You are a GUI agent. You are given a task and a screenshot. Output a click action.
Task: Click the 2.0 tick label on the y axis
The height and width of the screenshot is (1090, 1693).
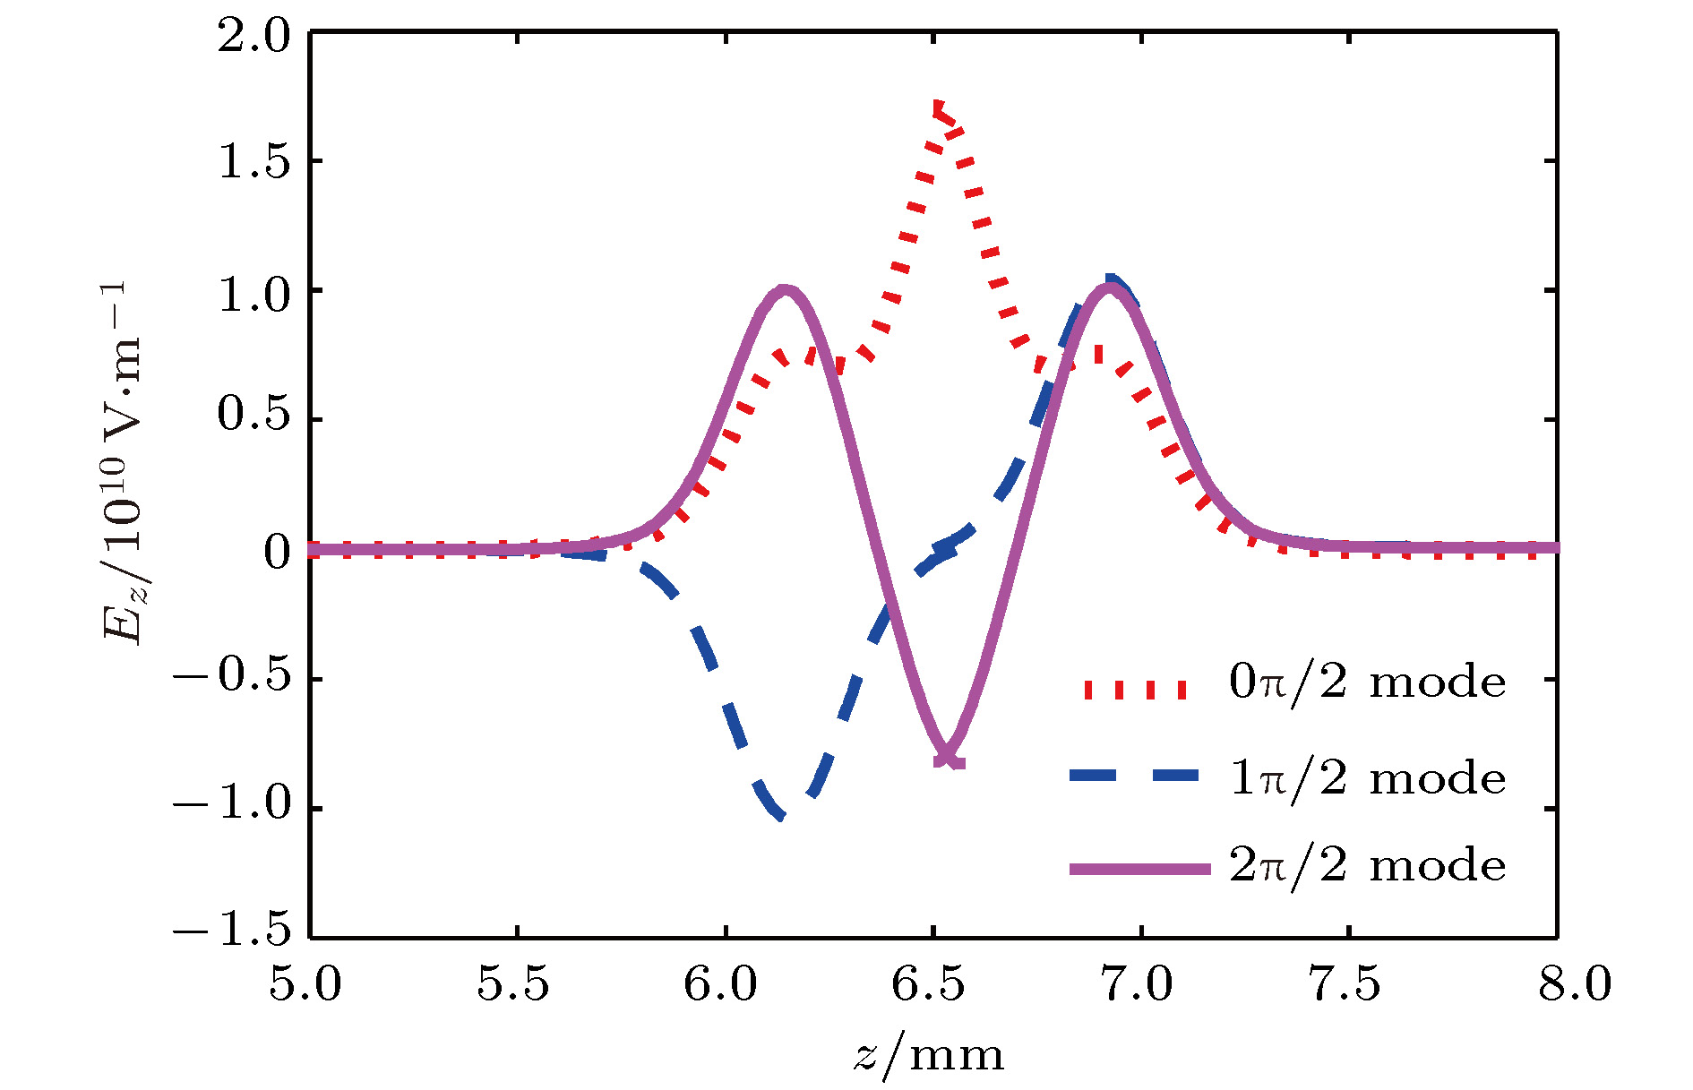(x=254, y=38)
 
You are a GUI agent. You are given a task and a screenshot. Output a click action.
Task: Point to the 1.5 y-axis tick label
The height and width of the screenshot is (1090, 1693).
(x=254, y=164)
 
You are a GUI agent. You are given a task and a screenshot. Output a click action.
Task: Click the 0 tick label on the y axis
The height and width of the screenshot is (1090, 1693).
(x=278, y=552)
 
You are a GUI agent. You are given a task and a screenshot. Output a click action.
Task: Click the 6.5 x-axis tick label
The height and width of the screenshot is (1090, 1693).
(x=929, y=985)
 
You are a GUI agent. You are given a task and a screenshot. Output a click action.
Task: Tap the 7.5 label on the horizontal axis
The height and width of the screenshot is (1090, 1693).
(x=1345, y=985)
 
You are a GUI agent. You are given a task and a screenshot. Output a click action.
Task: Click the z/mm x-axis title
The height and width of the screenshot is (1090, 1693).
(x=929, y=1055)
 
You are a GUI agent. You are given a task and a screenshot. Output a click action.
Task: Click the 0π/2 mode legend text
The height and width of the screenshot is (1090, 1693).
(x=1367, y=682)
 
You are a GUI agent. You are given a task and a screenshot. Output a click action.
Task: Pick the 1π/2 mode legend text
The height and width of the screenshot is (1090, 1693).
(x=1367, y=777)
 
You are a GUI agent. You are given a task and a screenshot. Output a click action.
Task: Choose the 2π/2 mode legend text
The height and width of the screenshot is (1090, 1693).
(x=1367, y=866)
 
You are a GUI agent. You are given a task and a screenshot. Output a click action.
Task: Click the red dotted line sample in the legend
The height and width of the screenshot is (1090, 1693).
(x=1135, y=689)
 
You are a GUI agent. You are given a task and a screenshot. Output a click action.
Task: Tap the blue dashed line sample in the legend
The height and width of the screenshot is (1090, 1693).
(x=1135, y=776)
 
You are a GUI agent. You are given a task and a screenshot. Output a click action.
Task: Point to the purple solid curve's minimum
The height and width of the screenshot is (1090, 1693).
(x=948, y=760)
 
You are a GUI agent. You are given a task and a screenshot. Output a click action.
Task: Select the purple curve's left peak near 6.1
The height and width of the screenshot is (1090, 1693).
(x=785, y=290)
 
